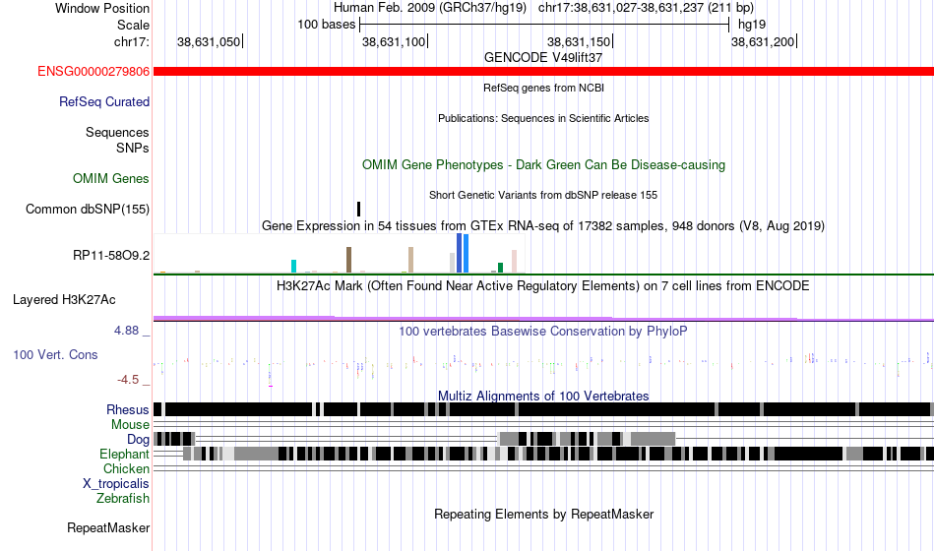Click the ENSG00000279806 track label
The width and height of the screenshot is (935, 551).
click(x=93, y=72)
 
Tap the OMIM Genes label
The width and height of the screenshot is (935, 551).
click(x=111, y=178)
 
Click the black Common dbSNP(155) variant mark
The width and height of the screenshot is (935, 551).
click(x=358, y=209)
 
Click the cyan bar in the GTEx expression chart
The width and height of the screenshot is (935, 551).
click(x=294, y=266)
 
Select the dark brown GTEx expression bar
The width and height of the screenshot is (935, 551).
click(x=348, y=260)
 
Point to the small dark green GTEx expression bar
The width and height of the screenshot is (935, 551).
click(x=500, y=267)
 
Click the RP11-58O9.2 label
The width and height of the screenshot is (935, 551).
click(x=111, y=256)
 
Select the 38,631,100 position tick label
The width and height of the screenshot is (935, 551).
click(x=394, y=41)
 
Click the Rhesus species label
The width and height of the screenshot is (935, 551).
click(x=128, y=409)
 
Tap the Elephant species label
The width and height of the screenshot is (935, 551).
click(x=124, y=455)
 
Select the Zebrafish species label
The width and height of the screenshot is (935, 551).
click(x=123, y=499)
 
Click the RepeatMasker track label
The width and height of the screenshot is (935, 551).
click(x=108, y=528)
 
